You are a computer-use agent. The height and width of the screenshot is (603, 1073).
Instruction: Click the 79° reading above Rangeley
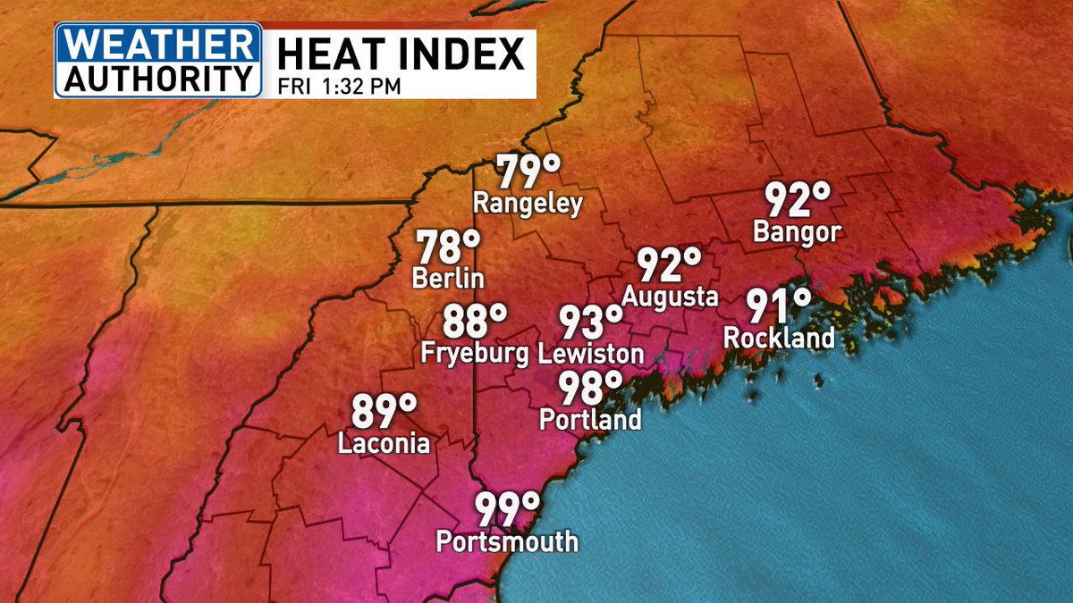pyautogui.click(x=528, y=170)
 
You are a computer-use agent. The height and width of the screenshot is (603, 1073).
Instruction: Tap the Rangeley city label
pyautogui.click(x=528, y=204)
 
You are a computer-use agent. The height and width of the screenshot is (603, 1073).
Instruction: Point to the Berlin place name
pyautogui.click(x=448, y=278)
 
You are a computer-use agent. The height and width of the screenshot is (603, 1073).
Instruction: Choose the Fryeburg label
pyautogui.click(x=475, y=353)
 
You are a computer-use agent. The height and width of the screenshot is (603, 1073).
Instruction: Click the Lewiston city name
pyautogui.click(x=590, y=353)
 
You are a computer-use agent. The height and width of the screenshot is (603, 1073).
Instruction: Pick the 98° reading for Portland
pyautogui.click(x=590, y=386)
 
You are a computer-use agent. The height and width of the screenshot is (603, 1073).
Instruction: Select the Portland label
pyautogui.click(x=590, y=419)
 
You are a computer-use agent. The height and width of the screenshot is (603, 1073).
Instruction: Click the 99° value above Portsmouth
pyautogui.click(x=507, y=508)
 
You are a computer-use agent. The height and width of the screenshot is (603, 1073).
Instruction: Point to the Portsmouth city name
pyautogui.click(x=507, y=541)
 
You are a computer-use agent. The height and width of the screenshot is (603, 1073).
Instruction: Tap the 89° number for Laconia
pyautogui.click(x=384, y=411)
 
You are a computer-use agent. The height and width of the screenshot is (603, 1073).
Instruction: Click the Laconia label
pyautogui.click(x=384, y=443)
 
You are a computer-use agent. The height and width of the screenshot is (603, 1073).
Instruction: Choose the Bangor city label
pyautogui.click(x=798, y=232)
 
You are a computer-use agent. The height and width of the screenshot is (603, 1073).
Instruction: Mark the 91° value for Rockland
pyautogui.click(x=779, y=306)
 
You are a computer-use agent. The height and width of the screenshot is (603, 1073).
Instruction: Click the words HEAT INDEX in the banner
pyautogui.click(x=400, y=55)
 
